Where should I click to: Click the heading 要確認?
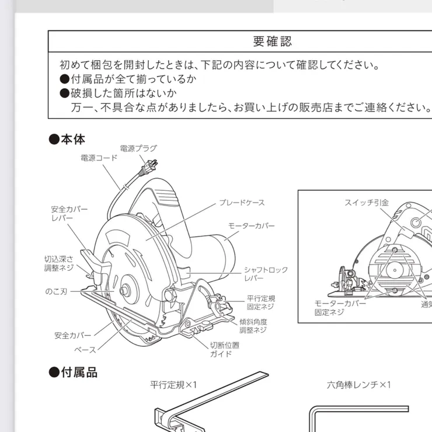(272, 41)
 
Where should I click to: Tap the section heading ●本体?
(67, 140)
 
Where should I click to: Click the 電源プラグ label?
(138, 148)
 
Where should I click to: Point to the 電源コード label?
(99, 158)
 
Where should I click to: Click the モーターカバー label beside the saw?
(251, 225)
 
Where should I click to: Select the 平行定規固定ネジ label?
(260, 302)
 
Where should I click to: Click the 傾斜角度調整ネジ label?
(253, 326)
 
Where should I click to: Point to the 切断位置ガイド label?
(224, 349)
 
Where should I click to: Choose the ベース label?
(85, 350)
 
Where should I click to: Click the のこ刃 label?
(57, 290)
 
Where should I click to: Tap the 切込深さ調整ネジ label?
(59, 263)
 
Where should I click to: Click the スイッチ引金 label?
(366, 203)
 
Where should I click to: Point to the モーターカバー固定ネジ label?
(340, 308)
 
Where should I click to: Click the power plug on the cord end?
(149, 168)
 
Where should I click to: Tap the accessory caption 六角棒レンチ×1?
(358, 385)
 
